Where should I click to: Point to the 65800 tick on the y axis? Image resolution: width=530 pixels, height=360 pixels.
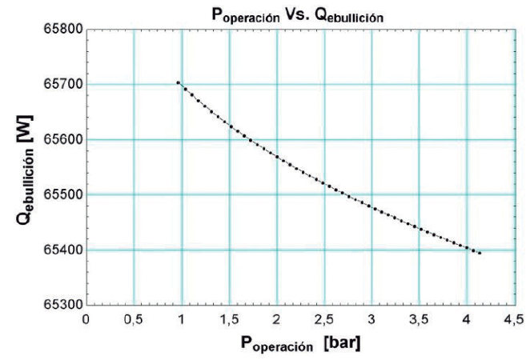62,30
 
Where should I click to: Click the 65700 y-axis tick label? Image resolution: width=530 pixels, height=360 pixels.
62,85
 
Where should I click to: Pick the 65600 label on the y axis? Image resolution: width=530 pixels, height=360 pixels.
62,140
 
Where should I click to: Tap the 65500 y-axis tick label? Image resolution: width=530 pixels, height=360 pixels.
62,195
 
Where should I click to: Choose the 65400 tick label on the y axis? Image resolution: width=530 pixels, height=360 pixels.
62,250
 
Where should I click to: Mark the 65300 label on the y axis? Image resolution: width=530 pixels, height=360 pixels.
62,305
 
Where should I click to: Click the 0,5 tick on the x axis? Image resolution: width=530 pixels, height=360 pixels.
133,318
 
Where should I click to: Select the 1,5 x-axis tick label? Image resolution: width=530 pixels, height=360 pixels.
228,318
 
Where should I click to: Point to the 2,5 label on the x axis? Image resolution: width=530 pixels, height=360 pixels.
323,318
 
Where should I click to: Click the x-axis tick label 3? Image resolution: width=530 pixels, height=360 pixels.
371,318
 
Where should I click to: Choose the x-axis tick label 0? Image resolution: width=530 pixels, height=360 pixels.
86,318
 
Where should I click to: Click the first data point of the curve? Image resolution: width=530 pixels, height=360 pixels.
178,82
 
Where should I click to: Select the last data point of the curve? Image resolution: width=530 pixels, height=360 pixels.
480,253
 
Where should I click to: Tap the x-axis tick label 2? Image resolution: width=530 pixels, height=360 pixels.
276,318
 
